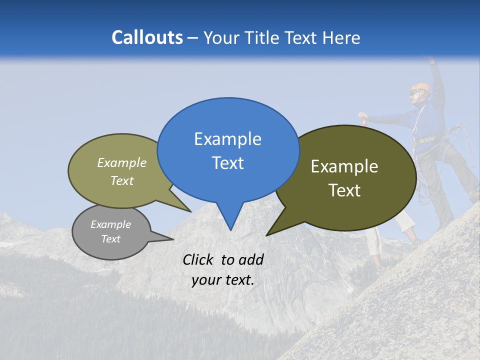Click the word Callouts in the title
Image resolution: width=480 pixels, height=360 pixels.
pos(147,37)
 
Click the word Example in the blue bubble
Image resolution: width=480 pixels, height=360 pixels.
pos(227,138)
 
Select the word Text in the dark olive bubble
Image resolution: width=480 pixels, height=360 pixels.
pos(345,190)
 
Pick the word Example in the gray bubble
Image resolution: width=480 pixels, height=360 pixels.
pos(110,224)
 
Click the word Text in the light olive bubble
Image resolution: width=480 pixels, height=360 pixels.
pos(122,180)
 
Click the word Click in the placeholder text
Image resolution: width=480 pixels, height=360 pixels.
pos(198,259)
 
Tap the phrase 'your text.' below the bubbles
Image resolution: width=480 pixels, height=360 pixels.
pos(223,280)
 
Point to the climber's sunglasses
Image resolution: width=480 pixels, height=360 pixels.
pos(414,92)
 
